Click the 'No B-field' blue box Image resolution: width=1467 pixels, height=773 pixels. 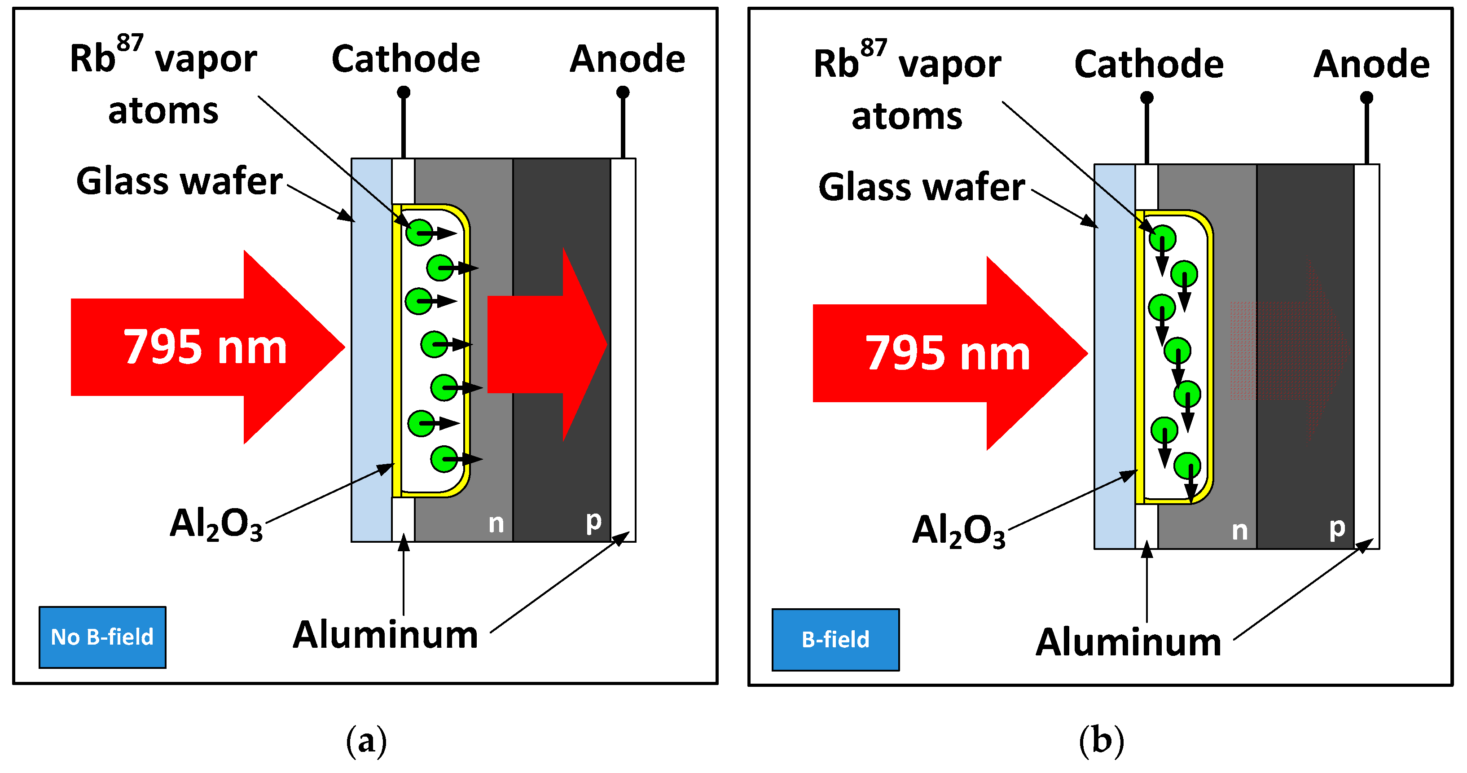coord(102,637)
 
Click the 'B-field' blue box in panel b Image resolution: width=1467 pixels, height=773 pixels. coord(835,640)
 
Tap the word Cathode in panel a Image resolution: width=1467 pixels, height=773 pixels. coord(405,59)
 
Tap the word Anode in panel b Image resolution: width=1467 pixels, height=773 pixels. coord(1371,64)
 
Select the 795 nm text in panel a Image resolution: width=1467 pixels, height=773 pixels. coord(205,347)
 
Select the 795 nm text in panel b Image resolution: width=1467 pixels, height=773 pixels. coord(948,353)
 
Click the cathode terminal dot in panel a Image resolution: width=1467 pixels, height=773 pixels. coord(403,92)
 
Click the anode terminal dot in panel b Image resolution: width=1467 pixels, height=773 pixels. coord(1366,97)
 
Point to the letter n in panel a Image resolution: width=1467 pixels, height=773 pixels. coord(496,523)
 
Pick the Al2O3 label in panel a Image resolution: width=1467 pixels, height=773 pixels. coord(216,524)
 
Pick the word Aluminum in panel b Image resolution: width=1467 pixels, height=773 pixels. coord(1128,642)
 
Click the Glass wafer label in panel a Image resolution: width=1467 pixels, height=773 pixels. coord(180,181)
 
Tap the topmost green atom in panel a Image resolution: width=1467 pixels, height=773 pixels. coord(419,233)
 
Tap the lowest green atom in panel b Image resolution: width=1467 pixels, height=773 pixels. coord(1187,466)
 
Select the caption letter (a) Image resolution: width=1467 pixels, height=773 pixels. coord(366,741)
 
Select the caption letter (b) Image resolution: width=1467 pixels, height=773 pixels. coord(1102,741)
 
